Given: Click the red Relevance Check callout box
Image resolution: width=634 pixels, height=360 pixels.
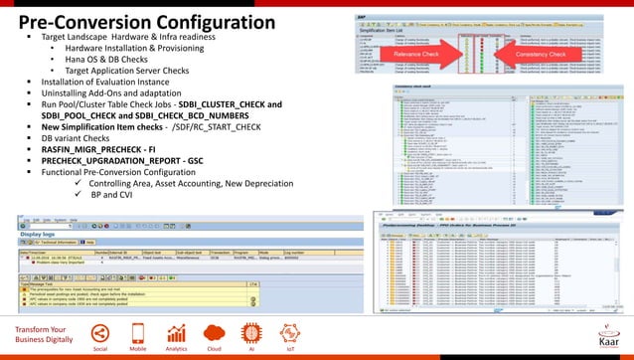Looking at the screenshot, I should click(x=416, y=54).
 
